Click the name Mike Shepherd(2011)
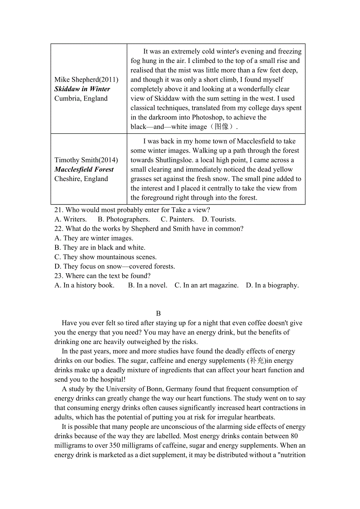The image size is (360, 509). click(x=86, y=80)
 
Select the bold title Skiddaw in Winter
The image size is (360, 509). click(x=82, y=89)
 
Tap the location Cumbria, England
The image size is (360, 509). click(x=81, y=99)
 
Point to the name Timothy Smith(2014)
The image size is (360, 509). click(x=86, y=160)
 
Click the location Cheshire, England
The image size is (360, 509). click(x=81, y=179)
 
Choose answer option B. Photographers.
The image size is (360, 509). click(x=124, y=219)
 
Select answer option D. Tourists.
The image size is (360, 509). click(x=219, y=219)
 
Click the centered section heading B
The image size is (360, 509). click(x=158, y=314)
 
